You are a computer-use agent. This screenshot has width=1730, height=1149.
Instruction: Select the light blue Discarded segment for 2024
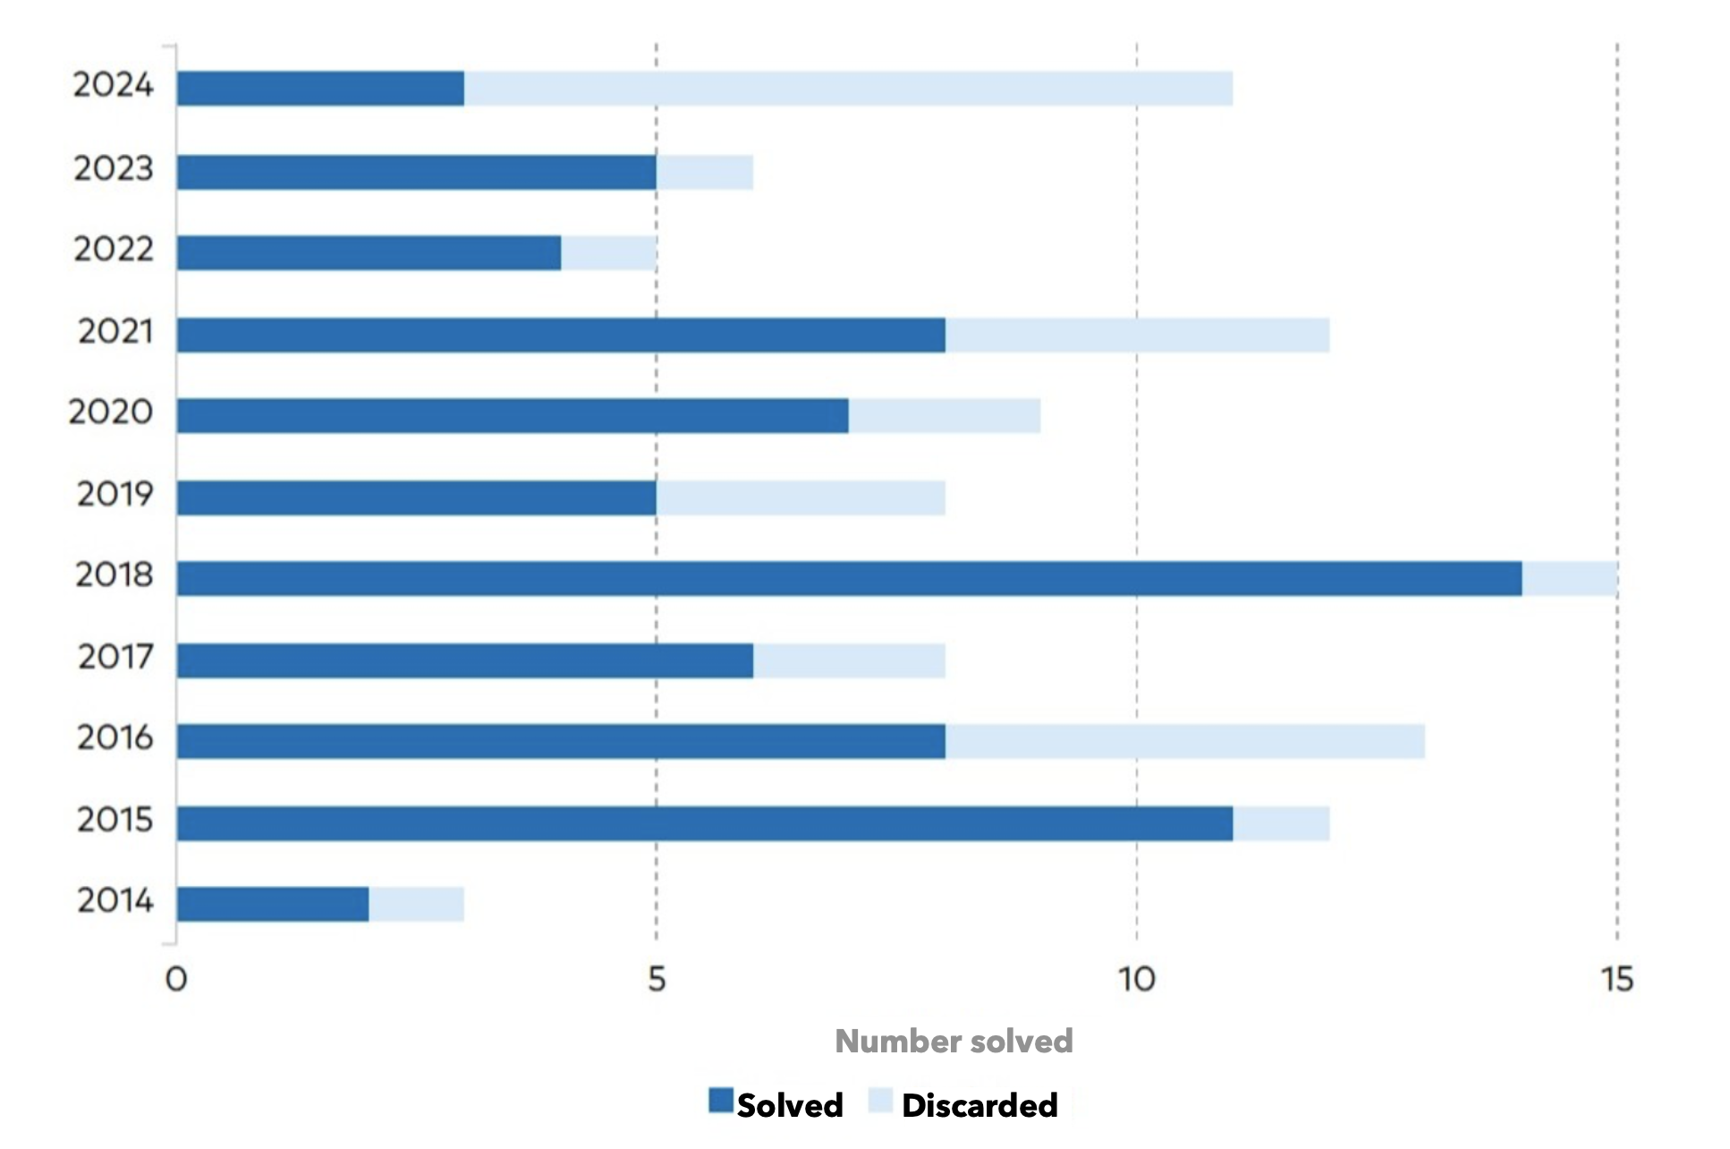click(848, 89)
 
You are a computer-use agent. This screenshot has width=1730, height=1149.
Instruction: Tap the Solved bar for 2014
click(273, 904)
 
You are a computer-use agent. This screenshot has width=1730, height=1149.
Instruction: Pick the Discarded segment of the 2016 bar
click(1184, 741)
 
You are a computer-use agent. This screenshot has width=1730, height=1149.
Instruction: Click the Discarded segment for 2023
click(704, 172)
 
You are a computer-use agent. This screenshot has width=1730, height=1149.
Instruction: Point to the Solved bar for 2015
click(704, 823)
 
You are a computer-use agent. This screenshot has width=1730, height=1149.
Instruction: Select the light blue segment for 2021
click(1137, 335)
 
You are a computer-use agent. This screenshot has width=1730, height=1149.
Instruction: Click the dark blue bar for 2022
click(369, 253)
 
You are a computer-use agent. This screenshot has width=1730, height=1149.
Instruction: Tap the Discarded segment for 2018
click(1569, 578)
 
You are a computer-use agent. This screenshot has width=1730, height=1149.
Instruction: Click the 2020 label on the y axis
click(111, 413)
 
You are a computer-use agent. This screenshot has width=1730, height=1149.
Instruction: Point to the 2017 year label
click(115, 658)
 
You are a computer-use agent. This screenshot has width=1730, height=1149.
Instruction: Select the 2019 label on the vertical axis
click(114, 494)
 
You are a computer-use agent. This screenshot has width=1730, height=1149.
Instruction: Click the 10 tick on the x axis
click(1136, 980)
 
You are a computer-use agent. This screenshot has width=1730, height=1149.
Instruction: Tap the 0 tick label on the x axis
click(176, 980)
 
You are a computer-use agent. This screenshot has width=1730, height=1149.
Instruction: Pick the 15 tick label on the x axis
click(1616, 980)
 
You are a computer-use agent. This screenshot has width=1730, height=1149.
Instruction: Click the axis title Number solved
click(954, 1042)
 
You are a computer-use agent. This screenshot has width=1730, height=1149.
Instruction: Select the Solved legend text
click(789, 1106)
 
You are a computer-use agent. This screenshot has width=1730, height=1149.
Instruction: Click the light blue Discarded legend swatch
click(880, 1102)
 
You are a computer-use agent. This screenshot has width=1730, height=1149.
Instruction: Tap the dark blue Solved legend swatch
click(720, 1101)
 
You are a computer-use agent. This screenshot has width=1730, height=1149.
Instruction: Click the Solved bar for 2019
click(416, 498)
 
